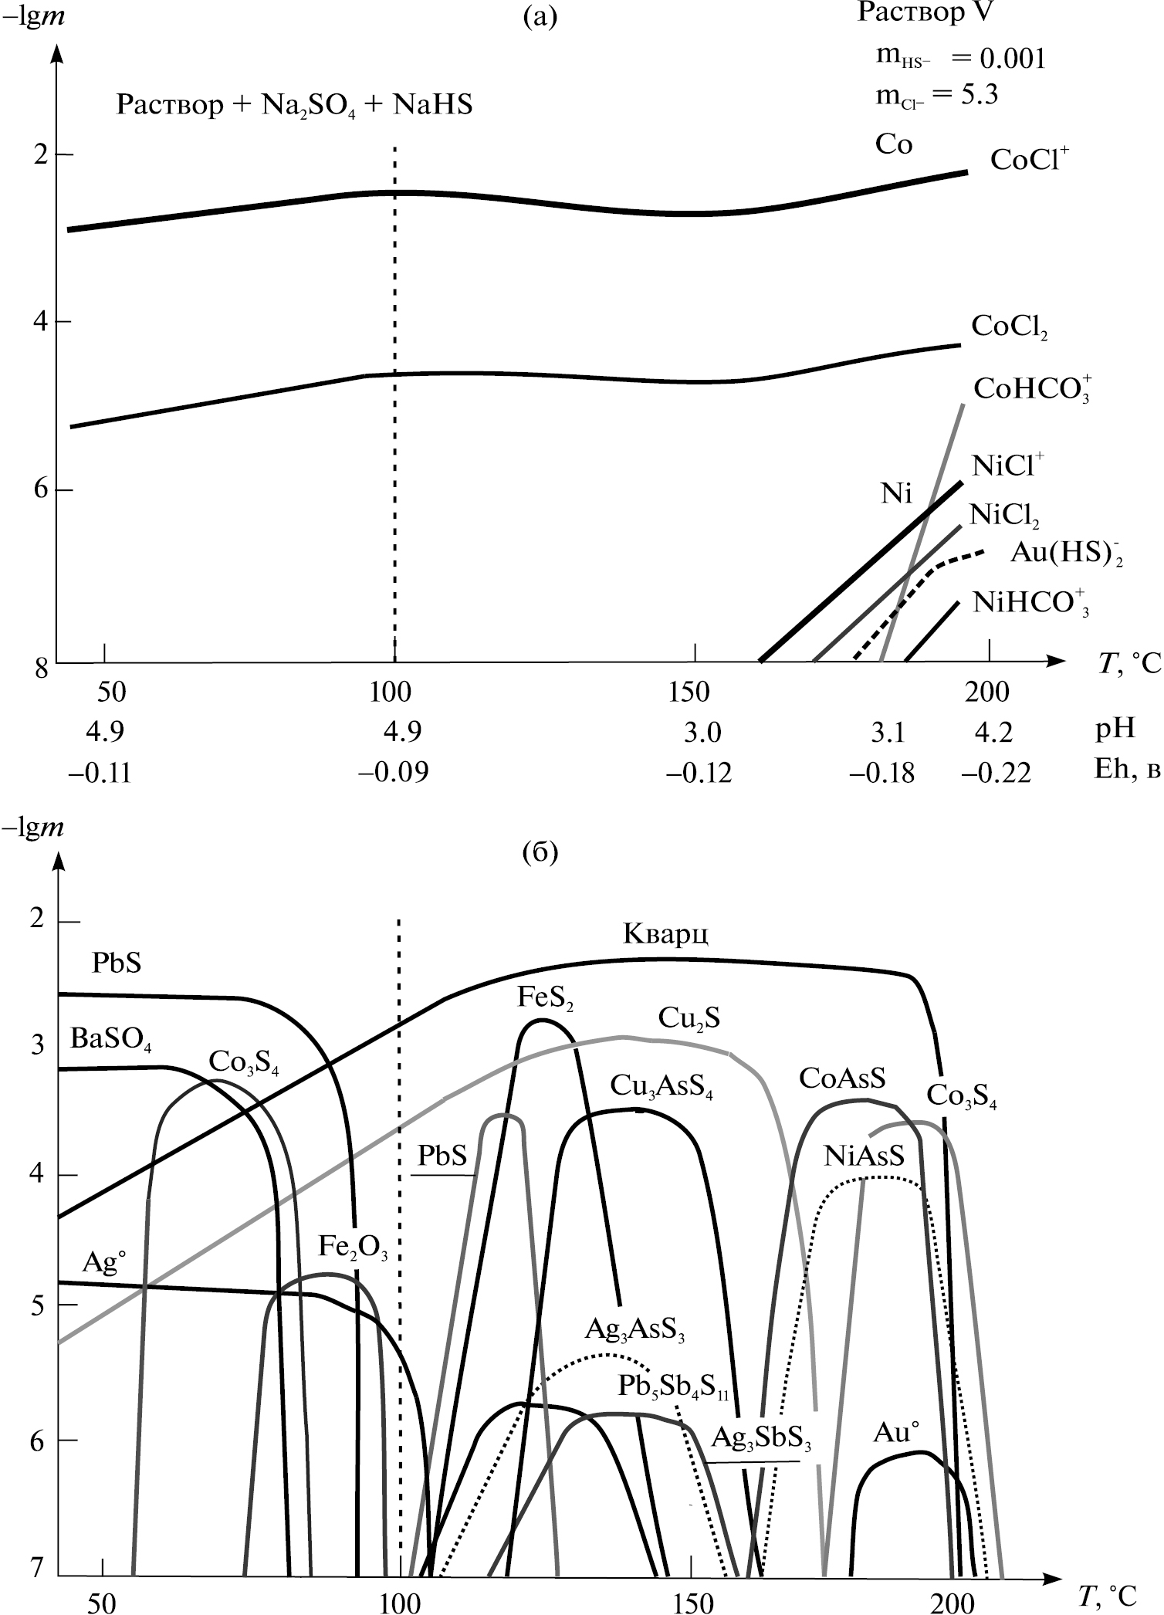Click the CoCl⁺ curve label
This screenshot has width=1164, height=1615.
click(x=1030, y=160)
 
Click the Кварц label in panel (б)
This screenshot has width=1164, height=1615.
click(x=666, y=935)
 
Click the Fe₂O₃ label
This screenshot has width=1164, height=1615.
click(x=353, y=1247)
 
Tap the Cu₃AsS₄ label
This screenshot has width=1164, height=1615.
click(x=662, y=1086)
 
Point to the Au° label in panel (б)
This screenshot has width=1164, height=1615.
click(x=897, y=1432)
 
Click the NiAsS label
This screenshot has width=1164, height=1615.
click(x=863, y=1156)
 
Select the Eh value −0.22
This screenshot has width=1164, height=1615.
click(x=996, y=773)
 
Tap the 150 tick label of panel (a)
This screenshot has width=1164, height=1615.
click(x=689, y=692)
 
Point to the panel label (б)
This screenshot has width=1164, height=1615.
click(x=540, y=853)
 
